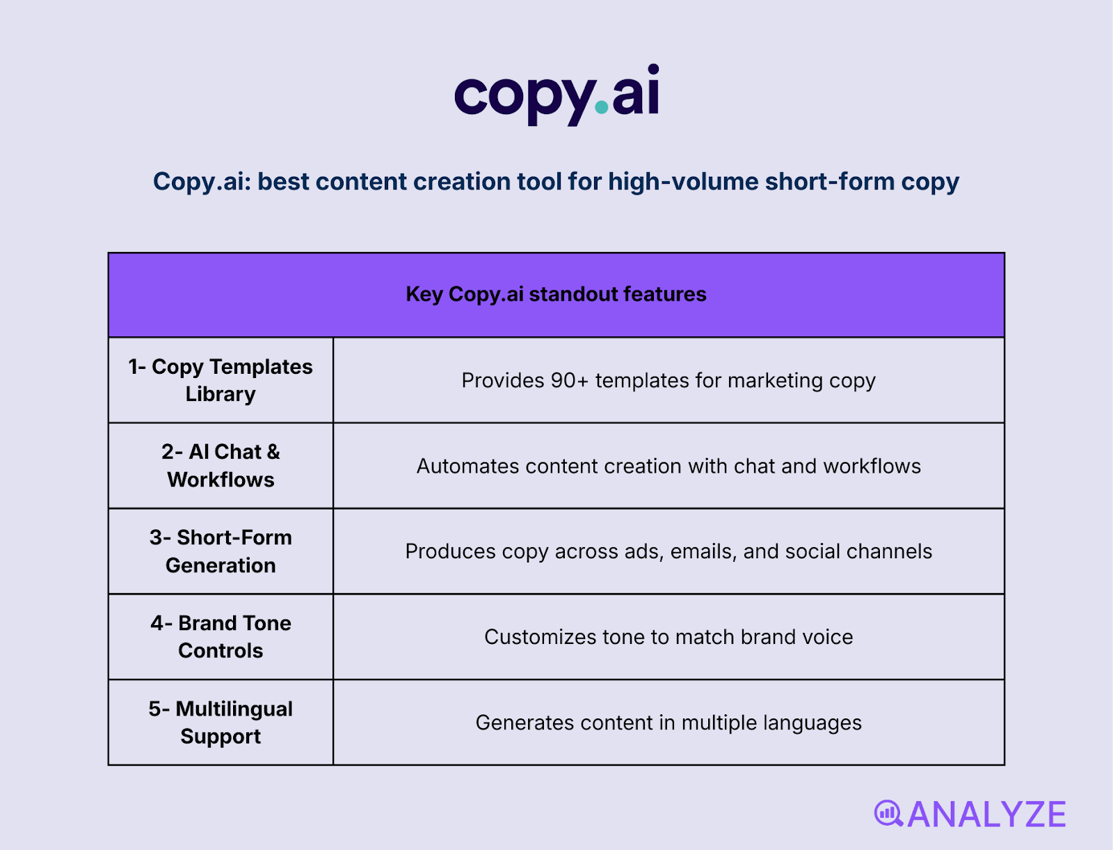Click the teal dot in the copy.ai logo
click(602, 109)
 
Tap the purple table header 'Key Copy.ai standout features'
click(556, 294)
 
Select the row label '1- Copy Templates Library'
click(221, 380)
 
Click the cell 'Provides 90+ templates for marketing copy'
click(668, 381)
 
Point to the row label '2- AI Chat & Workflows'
click(221, 466)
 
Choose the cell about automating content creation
click(668, 466)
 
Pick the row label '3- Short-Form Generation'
click(221, 551)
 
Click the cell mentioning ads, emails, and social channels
click(668, 552)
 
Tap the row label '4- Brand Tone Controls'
click(221, 637)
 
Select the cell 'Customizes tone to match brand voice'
click(668, 638)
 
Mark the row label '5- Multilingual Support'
click(221, 723)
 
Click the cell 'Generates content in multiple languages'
click(668, 723)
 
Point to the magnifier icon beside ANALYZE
click(888, 813)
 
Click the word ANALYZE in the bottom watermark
click(986, 814)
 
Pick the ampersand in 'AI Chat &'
click(273, 452)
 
